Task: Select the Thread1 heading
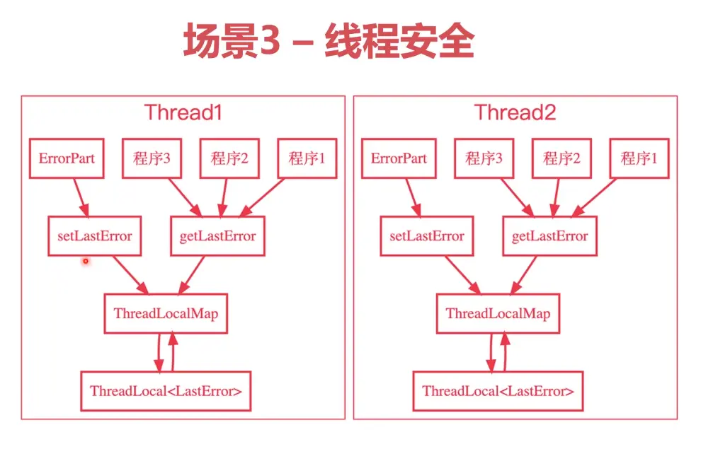point(183,112)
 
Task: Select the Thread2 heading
point(515,112)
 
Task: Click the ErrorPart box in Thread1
point(65,158)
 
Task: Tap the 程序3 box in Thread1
point(152,158)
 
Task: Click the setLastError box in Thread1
point(94,236)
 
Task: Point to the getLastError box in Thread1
point(217,236)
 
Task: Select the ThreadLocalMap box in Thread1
point(166,313)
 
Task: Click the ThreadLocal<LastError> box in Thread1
point(166,390)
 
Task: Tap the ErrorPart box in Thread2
point(399,158)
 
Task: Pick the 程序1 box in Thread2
point(639,158)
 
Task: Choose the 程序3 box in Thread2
point(484,158)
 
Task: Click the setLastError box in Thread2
point(427,236)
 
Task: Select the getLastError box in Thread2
point(549,236)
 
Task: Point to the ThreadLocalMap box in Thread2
point(498,313)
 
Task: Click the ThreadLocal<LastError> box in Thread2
point(498,390)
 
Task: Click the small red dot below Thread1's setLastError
point(85,262)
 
